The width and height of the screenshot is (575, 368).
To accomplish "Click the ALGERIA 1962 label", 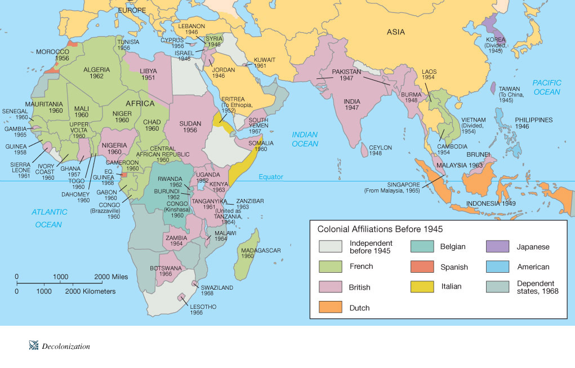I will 96,73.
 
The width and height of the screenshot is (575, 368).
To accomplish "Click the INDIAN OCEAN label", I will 305,139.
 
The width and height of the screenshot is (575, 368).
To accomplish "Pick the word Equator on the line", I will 271,177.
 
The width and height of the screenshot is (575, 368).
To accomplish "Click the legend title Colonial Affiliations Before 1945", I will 380,229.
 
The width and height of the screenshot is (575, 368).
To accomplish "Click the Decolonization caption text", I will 66,347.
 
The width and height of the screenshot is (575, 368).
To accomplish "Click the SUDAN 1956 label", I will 194,127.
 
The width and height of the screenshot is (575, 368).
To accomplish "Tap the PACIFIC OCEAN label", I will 546,87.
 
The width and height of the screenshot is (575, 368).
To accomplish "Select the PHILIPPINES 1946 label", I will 533,123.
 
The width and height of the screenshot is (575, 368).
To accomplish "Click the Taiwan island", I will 492,88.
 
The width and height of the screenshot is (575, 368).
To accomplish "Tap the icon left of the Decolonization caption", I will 33,346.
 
